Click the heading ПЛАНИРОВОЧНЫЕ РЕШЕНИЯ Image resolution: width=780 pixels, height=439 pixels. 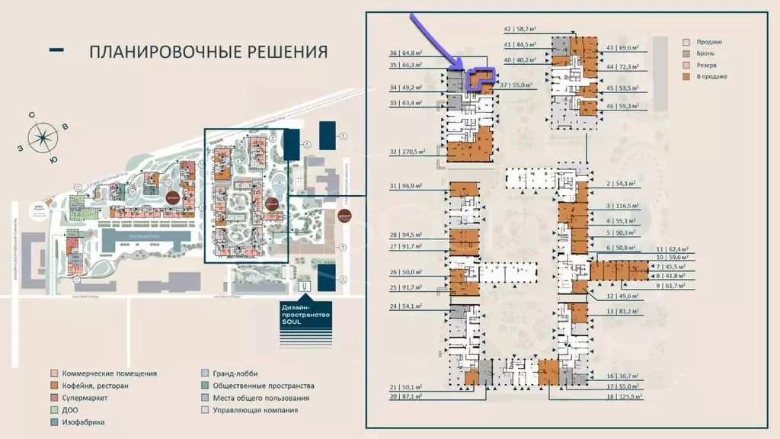208,52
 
